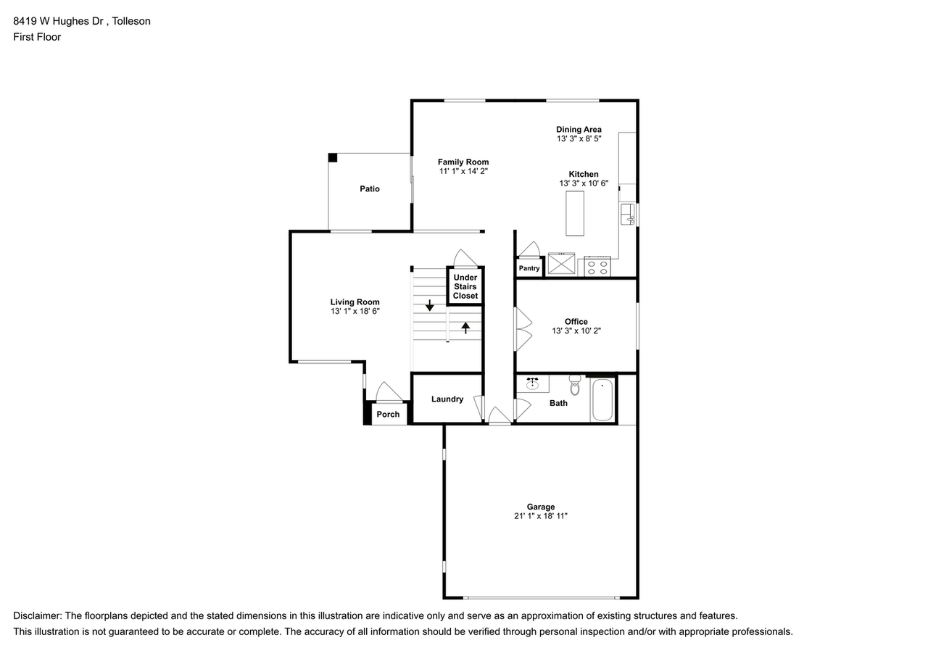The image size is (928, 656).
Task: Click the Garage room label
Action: (541, 507)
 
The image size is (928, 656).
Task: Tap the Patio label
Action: (370, 188)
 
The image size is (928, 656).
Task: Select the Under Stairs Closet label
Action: (465, 286)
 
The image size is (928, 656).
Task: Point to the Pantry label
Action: (529, 268)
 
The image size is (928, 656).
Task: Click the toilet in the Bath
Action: (575, 386)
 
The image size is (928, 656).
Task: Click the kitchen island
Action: (575, 214)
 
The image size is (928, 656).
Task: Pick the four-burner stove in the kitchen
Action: (597, 266)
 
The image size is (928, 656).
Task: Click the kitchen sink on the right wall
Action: (627, 215)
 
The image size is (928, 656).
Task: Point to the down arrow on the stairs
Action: (429, 305)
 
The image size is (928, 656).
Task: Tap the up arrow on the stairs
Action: (465, 327)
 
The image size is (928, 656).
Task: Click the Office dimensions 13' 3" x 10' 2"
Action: (576, 331)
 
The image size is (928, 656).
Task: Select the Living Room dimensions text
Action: (355, 311)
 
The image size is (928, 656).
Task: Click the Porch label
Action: (388, 415)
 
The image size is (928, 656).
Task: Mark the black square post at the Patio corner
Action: (333, 157)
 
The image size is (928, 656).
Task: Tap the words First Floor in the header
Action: (37, 36)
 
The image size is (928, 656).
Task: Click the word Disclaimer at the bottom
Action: (37, 615)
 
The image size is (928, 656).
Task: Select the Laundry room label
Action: (447, 399)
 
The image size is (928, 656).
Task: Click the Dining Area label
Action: (579, 129)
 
